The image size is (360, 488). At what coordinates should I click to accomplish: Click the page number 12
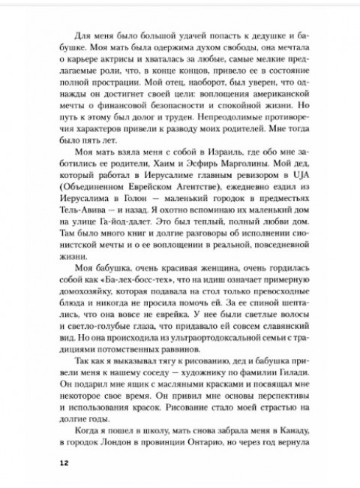(x=64, y=462)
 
